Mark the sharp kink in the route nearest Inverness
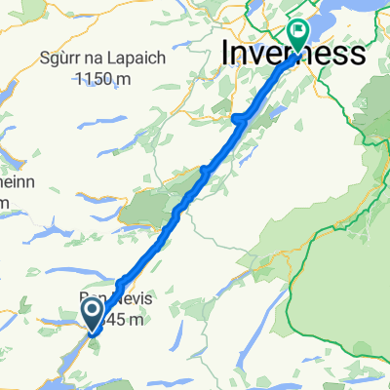pyautogui.click(x=238, y=119)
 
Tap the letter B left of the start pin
pyautogui.click(x=83, y=301)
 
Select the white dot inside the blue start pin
pyautogui.click(x=93, y=311)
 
